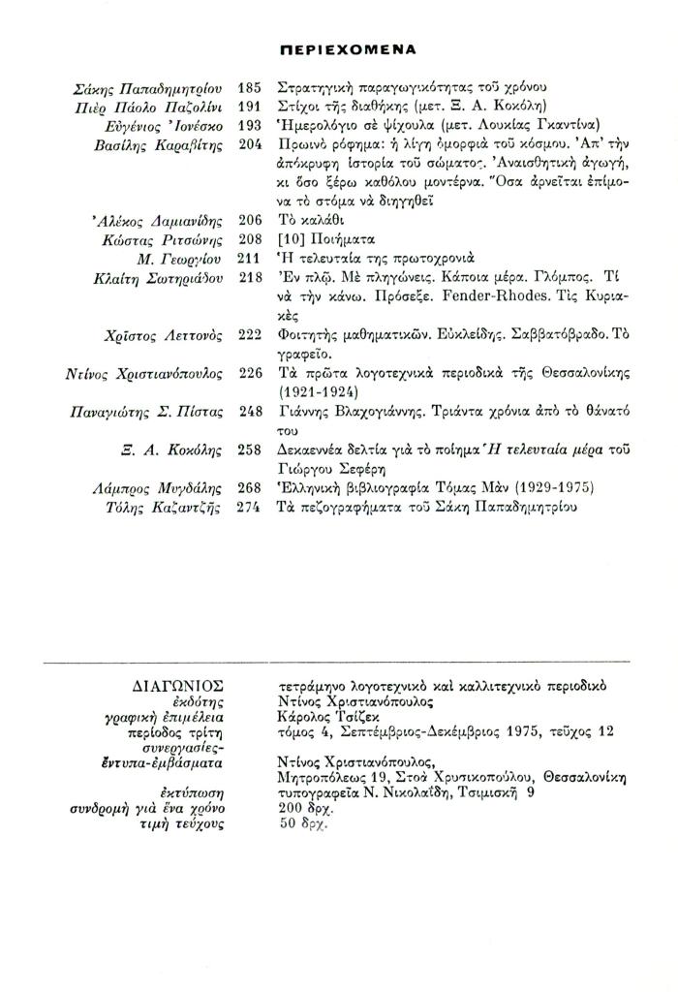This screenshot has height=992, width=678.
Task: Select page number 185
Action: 249,88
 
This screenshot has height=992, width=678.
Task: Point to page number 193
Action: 249,126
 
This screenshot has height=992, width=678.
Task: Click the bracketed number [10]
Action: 290,239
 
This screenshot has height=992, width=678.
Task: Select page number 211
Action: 249,259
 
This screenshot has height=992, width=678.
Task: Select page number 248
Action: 249,412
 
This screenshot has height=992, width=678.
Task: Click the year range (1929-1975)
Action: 537,487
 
